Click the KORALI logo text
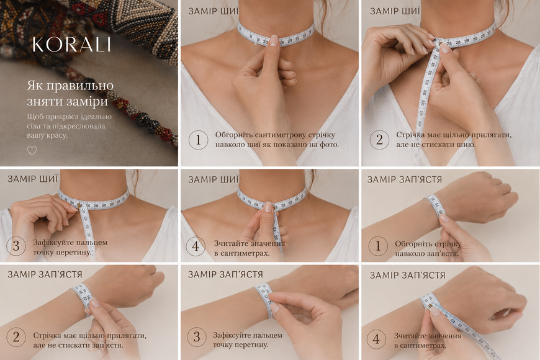coord(71,45)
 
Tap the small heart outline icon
coord(32,151)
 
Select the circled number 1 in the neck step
coord(199,140)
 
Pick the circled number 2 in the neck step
coord(379,140)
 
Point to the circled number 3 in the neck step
coord(16,246)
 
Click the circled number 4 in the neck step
coord(196,246)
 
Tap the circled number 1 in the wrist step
coord(378,246)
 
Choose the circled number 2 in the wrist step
coord(16,337)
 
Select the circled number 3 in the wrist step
coord(197,337)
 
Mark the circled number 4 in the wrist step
coord(376,339)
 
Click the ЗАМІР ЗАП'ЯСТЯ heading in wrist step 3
coord(225,274)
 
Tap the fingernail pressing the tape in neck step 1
coord(274,41)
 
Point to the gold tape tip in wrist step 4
coord(430,305)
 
